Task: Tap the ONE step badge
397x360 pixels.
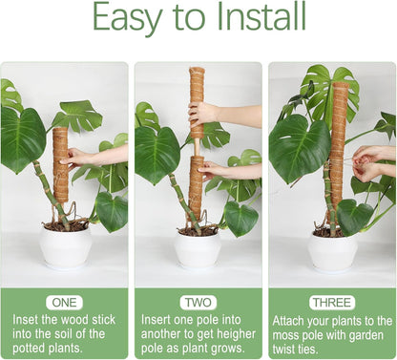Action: [64, 302]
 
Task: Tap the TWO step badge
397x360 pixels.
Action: [198, 302]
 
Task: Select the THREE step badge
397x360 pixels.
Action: [331, 302]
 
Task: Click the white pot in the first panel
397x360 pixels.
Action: [65, 247]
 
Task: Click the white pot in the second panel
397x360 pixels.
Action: [198, 249]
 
